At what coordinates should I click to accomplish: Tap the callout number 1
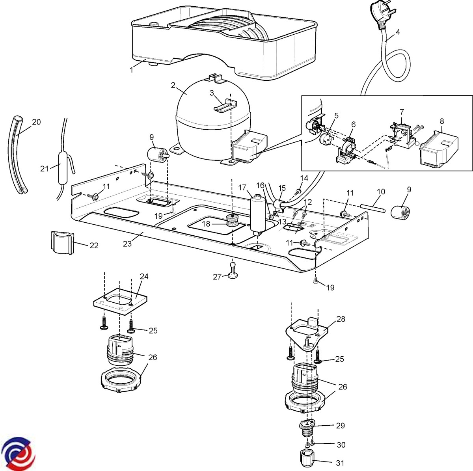(x=132, y=70)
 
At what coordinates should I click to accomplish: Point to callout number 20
(x=36, y=122)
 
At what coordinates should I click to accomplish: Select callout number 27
(x=217, y=277)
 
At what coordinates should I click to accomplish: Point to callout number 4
(x=398, y=33)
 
